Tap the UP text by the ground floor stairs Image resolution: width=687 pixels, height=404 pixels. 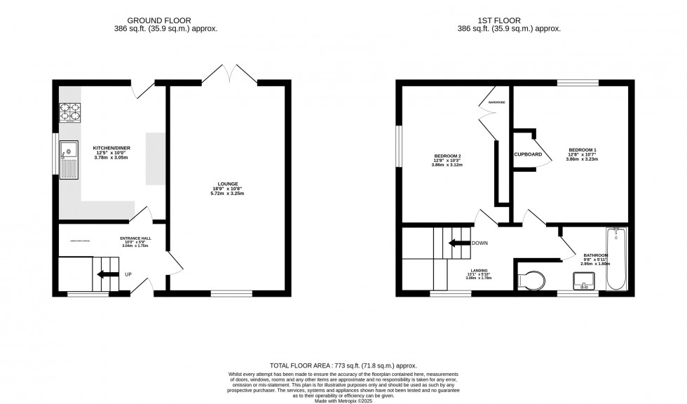pyautogui.click(x=127, y=274)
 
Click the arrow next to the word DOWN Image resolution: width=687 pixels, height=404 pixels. pyautogui.click(x=459, y=244)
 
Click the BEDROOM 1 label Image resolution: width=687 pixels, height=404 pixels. pyautogui.click(x=583, y=150)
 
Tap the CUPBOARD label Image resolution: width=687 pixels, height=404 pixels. pyautogui.click(x=527, y=154)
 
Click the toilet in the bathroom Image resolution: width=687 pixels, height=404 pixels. pyautogui.click(x=531, y=279)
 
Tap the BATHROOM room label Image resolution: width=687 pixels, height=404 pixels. pyautogui.click(x=596, y=255)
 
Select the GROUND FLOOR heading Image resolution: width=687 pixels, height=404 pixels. pyautogui.click(x=165, y=21)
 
